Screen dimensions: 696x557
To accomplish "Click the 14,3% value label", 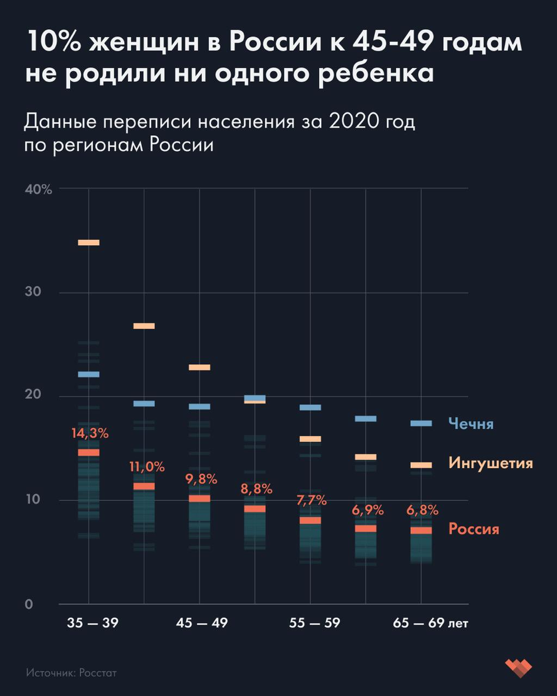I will click(90, 433).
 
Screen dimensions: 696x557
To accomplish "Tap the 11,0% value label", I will click(146, 467).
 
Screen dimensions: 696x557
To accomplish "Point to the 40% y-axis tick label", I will click(38, 189).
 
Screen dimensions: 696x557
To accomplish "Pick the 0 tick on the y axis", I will click(28, 604).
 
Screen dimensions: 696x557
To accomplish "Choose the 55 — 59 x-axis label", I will click(314, 623).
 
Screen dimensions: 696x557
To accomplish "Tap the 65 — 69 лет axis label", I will click(430, 623).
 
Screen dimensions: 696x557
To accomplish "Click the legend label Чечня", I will click(471, 424).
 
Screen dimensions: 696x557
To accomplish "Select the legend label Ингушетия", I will click(490, 463).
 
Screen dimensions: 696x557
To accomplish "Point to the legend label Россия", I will click(473, 529).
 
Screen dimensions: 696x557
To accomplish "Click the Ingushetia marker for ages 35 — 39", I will click(89, 242).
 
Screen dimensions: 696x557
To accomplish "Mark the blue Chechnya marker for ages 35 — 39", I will click(89, 374).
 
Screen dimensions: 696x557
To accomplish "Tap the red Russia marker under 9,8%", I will click(200, 498).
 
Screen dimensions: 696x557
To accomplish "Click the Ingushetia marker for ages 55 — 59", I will click(310, 439).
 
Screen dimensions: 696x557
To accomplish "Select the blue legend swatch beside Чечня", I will click(421, 423).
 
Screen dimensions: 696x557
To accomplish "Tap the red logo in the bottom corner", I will click(518, 668).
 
